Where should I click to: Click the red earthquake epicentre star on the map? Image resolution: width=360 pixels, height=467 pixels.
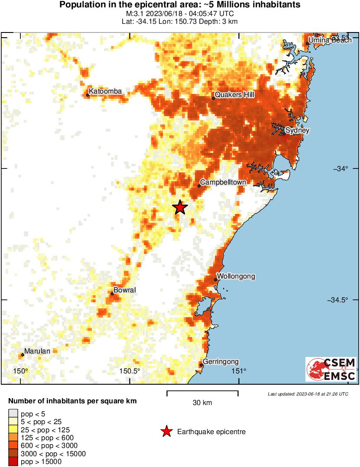click(x=180, y=208)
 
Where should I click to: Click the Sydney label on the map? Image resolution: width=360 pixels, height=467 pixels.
click(x=297, y=130)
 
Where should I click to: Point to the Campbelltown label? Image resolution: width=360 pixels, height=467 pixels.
click(x=223, y=182)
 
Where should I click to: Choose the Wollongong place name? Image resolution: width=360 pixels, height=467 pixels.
click(x=236, y=276)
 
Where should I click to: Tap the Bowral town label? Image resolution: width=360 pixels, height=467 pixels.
click(x=124, y=290)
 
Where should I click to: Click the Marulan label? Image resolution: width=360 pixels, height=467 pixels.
click(x=37, y=351)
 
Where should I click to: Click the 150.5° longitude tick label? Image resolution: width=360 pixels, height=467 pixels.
click(x=130, y=371)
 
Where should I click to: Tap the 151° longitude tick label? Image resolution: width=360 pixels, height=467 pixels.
click(x=239, y=371)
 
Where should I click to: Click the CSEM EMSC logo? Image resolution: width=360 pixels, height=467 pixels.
click(x=331, y=369)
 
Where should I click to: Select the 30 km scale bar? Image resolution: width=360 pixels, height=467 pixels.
click(x=202, y=393)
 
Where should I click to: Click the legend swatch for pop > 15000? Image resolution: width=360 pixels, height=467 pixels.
click(x=13, y=462)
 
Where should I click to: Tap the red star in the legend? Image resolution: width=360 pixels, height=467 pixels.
click(x=166, y=431)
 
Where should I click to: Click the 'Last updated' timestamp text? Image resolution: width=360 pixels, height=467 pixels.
click(x=308, y=394)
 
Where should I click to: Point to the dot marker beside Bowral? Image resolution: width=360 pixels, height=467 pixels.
click(x=112, y=294)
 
